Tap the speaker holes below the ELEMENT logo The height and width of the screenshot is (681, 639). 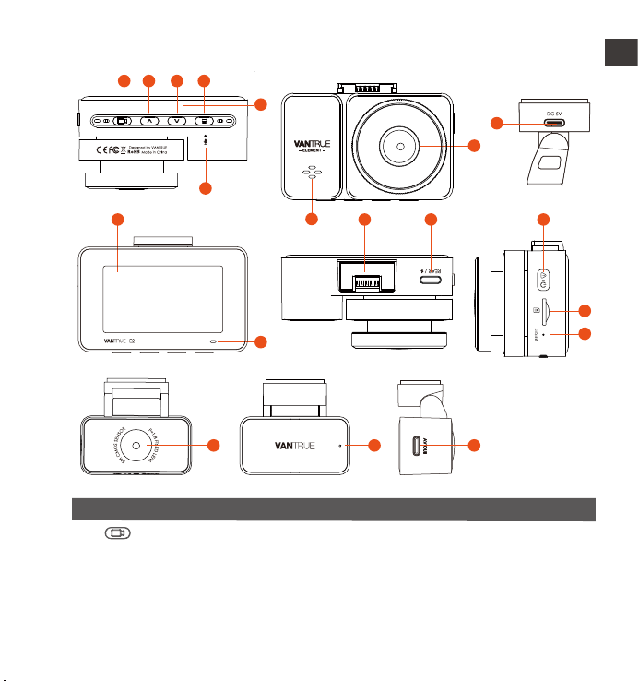point(313,174)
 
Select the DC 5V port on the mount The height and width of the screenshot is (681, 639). point(554,122)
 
